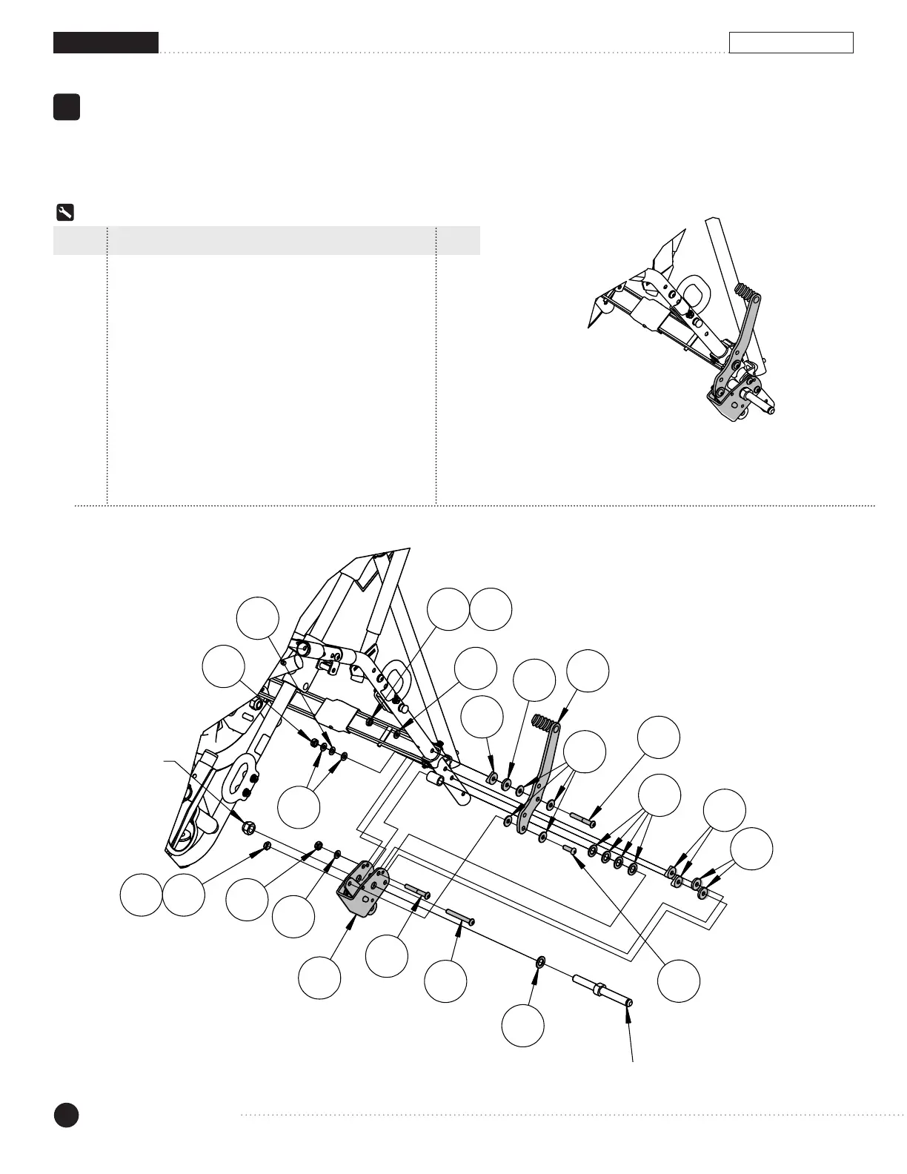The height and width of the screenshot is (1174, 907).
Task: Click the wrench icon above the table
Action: point(64,213)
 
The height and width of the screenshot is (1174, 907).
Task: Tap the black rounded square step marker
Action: point(67,107)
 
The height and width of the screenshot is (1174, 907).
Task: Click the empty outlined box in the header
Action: point(791,43)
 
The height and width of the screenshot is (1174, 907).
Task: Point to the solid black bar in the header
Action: point(106,43)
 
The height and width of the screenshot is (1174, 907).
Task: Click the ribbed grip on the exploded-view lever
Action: point(544,723)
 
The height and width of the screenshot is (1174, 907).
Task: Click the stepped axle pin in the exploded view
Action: point(602,991)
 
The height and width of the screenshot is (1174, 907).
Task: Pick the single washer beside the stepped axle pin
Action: point(540,962)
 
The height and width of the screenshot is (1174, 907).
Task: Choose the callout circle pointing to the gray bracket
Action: point(319,978)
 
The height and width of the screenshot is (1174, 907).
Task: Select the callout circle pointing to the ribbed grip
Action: point(588,670)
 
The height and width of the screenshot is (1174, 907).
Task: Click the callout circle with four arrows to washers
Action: point(659,795)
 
